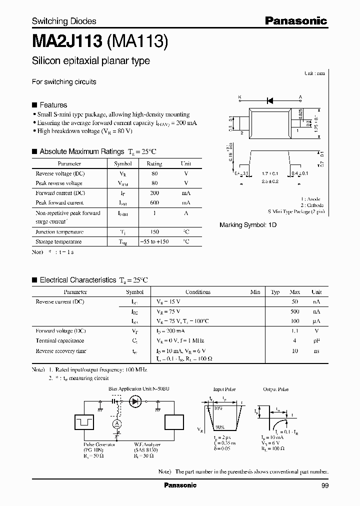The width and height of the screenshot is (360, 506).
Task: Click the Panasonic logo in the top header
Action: pyautogui.click(x=295, y=20)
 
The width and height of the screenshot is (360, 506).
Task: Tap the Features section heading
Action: pyautogui.click(x=53, y=105)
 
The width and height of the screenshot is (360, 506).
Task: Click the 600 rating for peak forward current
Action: pyautogui.click(x=154, y=202)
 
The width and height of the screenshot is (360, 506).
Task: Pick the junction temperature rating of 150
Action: pyautogui.click(x=154, y=232)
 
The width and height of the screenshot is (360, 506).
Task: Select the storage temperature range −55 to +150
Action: pyautogui.click(x=154, y=241)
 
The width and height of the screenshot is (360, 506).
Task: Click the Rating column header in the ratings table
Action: pyautogui.click(x=154, y=163)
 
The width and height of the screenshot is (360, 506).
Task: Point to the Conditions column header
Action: pyautogui.click(x=198, y=292)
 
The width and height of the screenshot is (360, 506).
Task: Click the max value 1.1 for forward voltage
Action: pyautogui.click(x=295, y=331)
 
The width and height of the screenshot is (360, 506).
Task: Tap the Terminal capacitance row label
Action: pyautogui.click(x=59, y=341)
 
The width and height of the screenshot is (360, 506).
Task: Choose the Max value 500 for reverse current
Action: pyautogui.click(x=295, y=311)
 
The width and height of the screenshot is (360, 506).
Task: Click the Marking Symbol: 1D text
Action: pyautogui.click(x=248, y=225)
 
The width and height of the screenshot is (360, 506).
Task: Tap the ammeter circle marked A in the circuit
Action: pyautogui.click(x=117, y=423)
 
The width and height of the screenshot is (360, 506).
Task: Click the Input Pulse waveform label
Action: pyautogui.click(x=224, y=389)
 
